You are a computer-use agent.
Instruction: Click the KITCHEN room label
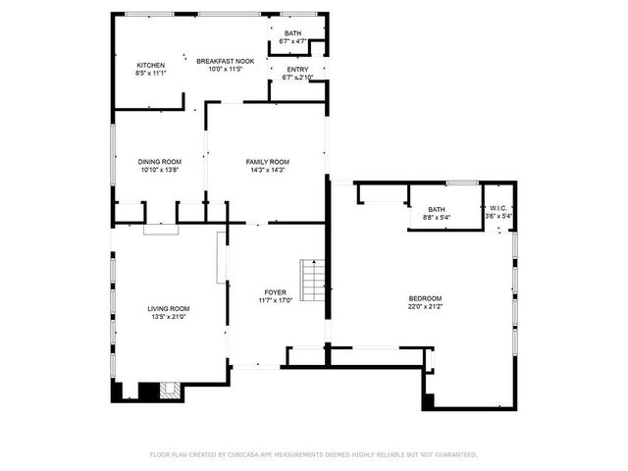coord(150,65)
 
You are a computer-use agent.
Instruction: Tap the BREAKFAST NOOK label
coord(225,61)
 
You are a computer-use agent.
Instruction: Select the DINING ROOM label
coord(160,162)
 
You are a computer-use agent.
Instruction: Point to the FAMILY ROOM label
coord(267,162)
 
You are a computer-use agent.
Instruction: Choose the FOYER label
coord(275,293)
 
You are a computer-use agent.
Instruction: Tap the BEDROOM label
coord(425,298)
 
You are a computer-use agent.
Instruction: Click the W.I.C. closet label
coord(499,208)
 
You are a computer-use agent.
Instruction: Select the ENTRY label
coord(296,70)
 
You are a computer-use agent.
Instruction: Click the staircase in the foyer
coord(313,282)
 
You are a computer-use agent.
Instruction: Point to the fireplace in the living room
coord(164,392)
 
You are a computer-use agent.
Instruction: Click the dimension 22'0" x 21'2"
coord(425,307)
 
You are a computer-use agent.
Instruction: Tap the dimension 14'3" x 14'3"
coord(267,171)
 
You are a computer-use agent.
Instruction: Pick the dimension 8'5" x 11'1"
coord(150,74)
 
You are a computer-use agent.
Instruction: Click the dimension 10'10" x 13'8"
coord(160,171)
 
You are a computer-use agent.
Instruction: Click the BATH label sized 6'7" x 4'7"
coord(292,33)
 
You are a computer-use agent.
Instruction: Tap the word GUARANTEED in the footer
coord(454,454)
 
